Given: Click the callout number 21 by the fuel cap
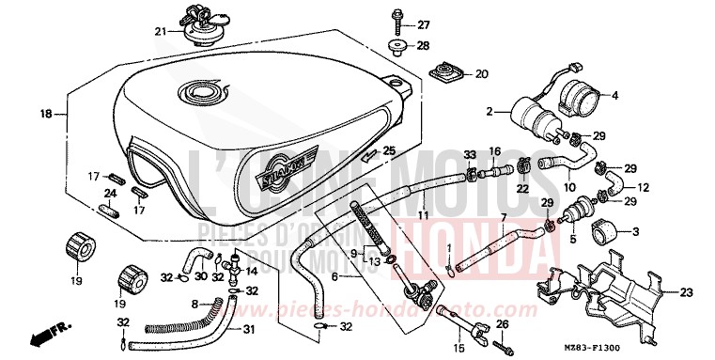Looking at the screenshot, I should [x=160, y=31].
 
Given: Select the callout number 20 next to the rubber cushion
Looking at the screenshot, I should [x=481, y=73].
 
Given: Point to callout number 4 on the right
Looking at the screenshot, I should [x=615, y=95].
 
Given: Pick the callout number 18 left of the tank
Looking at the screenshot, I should [x=44, y=114].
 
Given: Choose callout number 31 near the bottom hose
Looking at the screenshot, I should [x=248, y=328].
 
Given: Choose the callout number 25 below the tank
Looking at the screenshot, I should [x=388, y=150].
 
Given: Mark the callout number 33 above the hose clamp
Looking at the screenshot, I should [x=469, y=152].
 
